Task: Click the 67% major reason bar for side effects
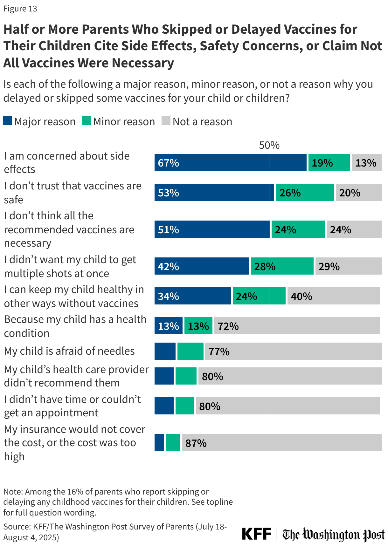pos(230,163)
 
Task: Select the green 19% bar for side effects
pos(329,163)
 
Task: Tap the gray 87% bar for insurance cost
pos(281,443)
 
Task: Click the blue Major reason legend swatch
pos(8,121)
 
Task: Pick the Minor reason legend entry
pos(118,121)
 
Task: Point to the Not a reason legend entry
pos(197,121)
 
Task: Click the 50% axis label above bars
pos(269,145)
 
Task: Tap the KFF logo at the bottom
pos(256,534)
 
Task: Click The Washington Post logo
pos(333,534)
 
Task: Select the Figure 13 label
pos(20,9)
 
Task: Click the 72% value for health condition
pos(228,326)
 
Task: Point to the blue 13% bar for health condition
pos(168,326)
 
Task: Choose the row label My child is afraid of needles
pos(69,351)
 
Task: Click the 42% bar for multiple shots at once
pos(202,266)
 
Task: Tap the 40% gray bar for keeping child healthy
pos(333,296)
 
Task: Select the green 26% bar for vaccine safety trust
pos(305,193)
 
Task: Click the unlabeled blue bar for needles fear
pos(165,351)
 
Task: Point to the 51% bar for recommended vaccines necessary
pos(212,229)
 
